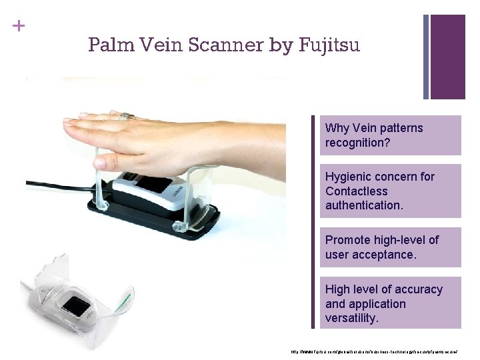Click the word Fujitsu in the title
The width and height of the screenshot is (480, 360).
pos(330,45)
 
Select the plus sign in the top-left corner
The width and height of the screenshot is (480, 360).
pos(18,27)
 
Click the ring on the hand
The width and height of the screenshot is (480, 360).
pos(126,117)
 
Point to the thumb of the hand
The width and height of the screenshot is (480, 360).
pos(117,161)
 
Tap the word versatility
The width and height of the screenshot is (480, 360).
pos(352,319)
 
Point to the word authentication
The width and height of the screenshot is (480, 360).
pos(364,206)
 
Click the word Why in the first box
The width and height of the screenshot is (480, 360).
pos(337,128)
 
